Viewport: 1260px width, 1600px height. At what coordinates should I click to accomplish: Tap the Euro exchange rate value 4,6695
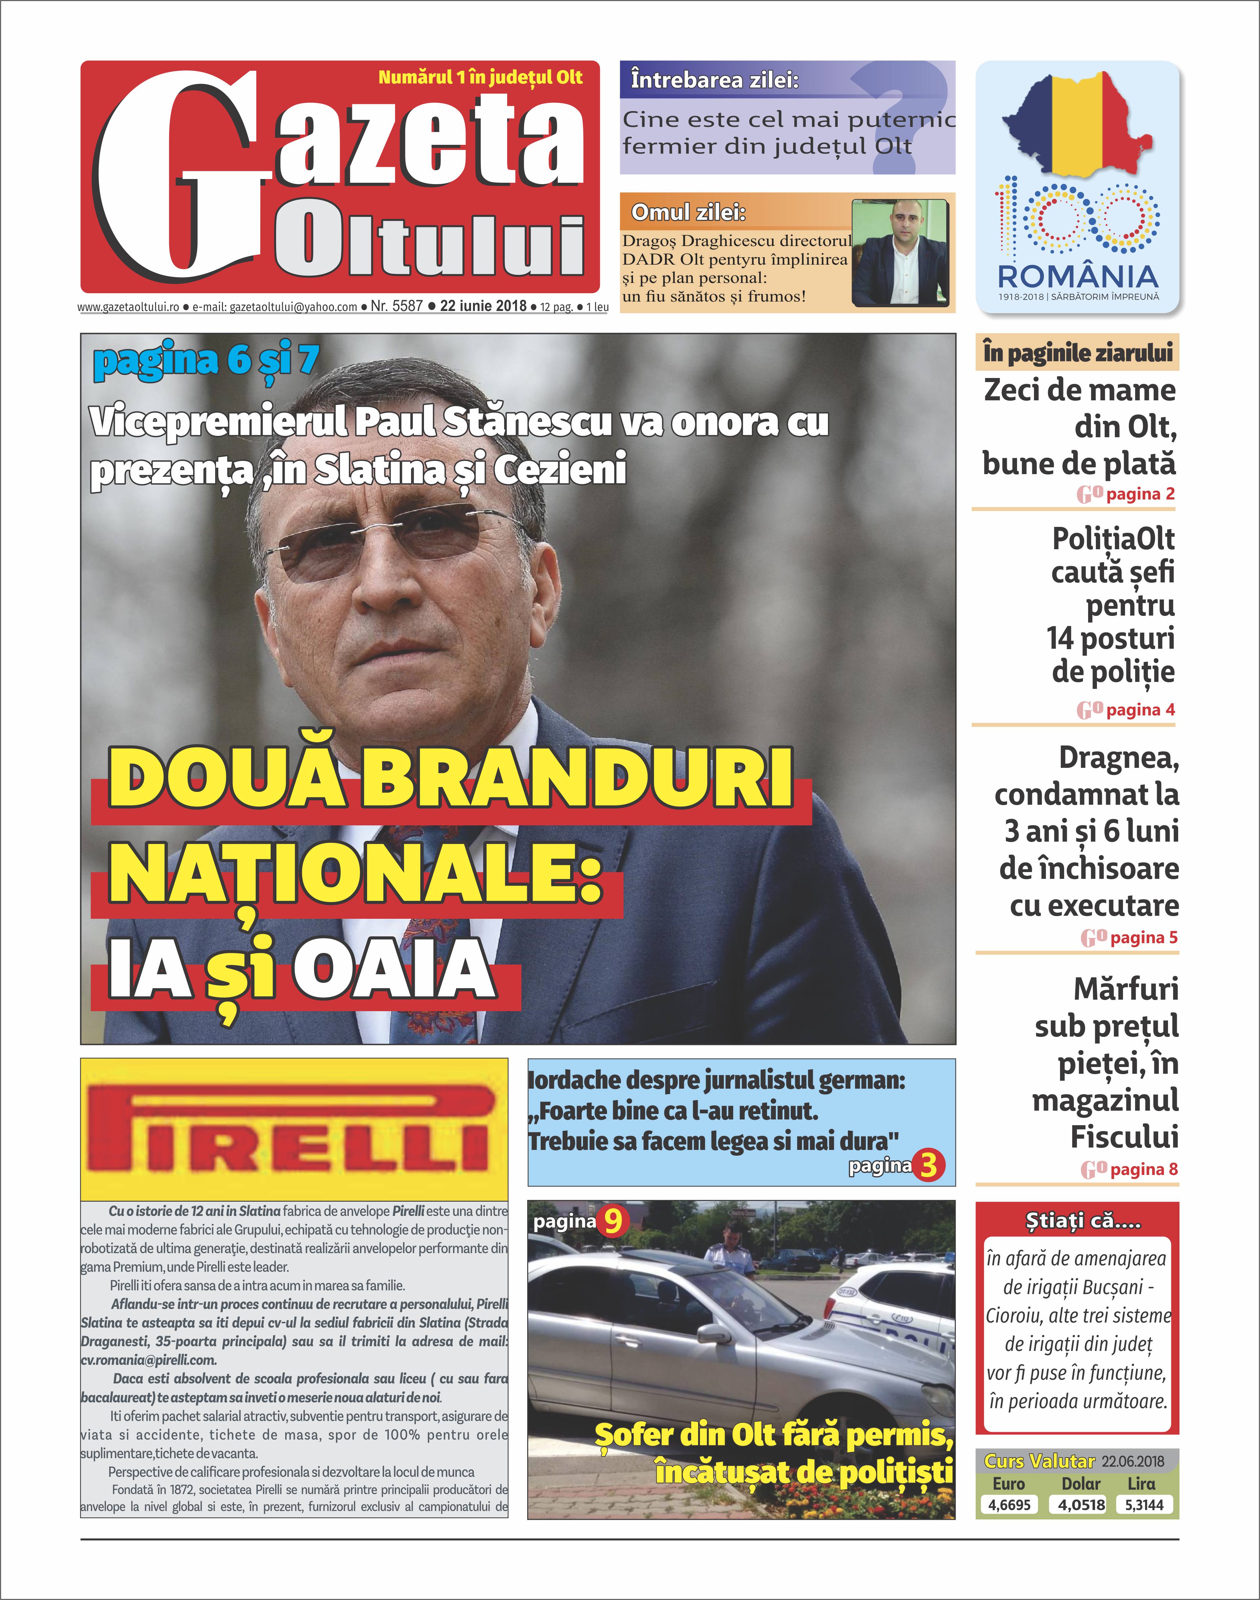tap(1009, 1505)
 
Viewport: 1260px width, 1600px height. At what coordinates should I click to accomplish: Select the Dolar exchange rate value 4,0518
tap(1081, 1505)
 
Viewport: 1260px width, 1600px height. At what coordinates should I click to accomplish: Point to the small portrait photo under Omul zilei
tap(899, 252)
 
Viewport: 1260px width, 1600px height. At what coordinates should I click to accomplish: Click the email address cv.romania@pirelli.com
tap(148, 1359)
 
